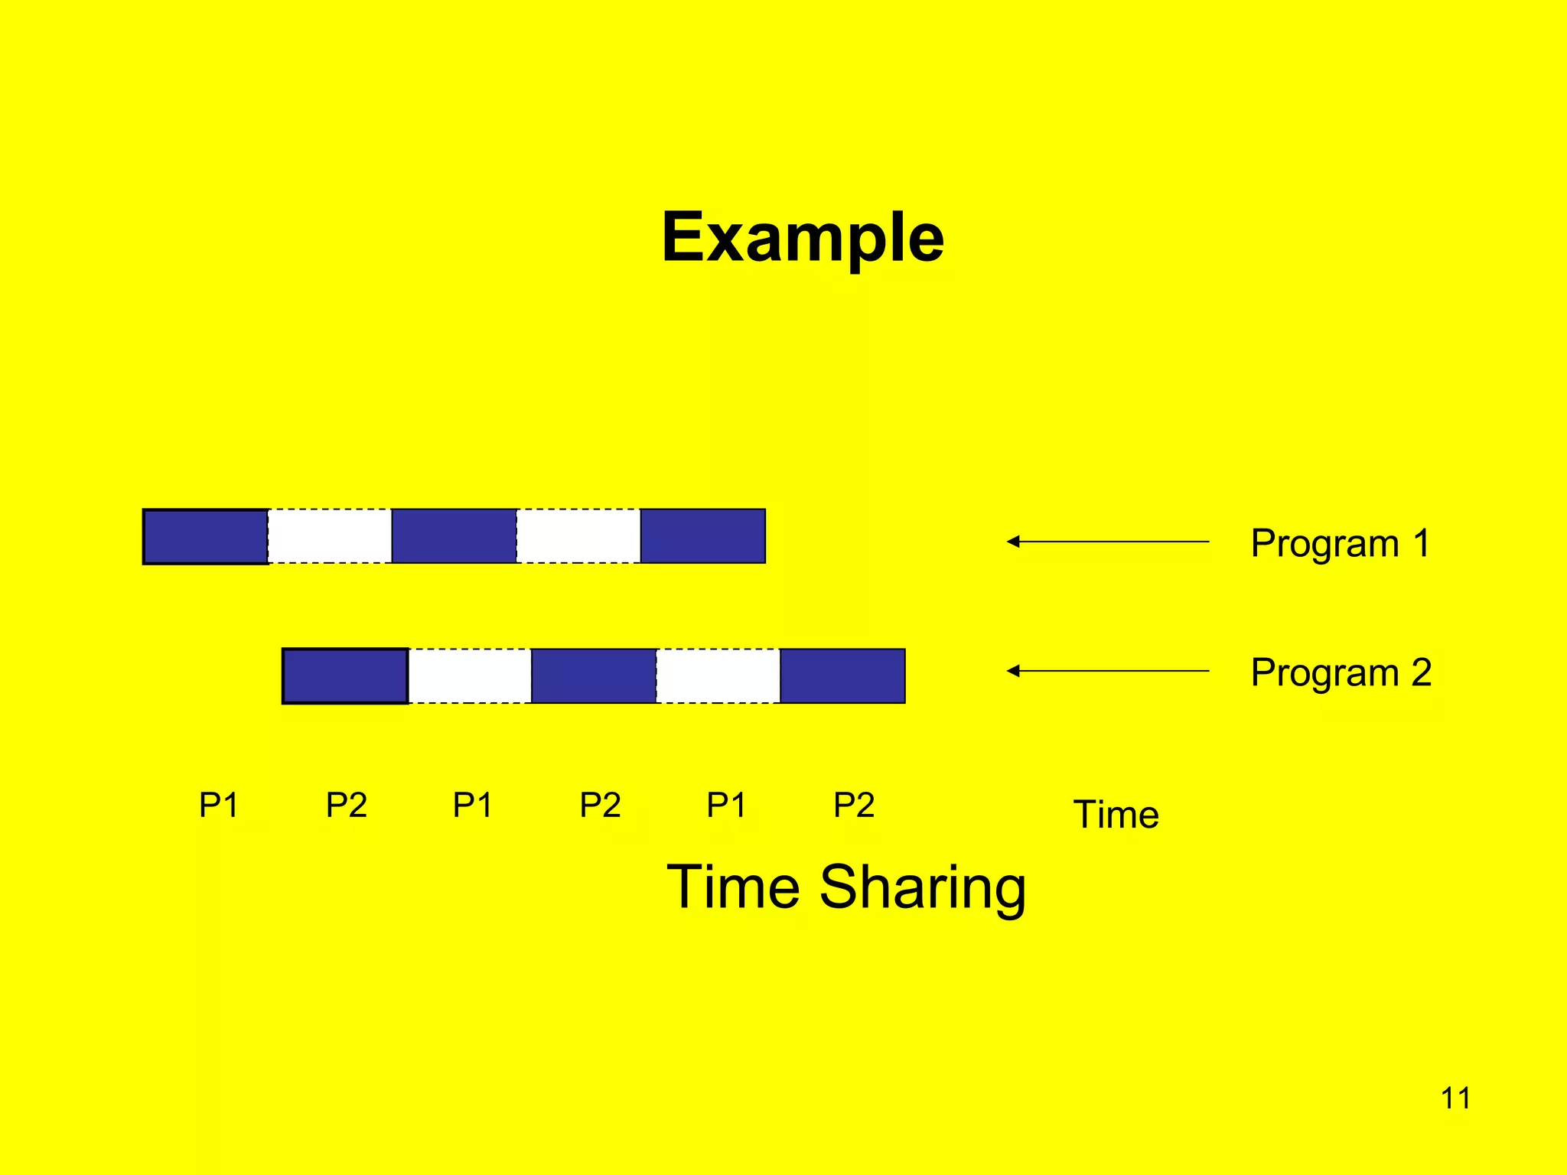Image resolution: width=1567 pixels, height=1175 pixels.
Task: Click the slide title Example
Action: tap(803, 237)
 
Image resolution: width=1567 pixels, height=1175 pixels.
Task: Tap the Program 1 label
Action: tap(1341, 543)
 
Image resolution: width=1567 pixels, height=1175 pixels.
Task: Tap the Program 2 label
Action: tap(1341, 672)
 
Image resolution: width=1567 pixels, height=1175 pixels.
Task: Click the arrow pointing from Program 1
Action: tap(1107, 542)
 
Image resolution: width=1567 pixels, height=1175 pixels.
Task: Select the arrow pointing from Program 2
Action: tap(1107, 671)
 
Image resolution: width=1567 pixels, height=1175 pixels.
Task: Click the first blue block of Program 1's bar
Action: tap(206, 536)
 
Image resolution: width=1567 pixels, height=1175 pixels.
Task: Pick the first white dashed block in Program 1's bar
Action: tap(330, 536)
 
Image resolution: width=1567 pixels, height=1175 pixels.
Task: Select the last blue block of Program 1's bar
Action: tap(702, 536)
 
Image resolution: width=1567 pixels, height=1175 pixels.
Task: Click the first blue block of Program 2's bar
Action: tap(345, 675)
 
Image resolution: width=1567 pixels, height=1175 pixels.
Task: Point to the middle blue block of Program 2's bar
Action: tap(594, 675)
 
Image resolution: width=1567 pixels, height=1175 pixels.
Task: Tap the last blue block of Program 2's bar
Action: tap(842, 675)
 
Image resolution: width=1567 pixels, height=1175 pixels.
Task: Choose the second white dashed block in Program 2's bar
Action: tap(718, 675)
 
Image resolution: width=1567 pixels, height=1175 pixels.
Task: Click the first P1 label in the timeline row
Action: tap(219, 805)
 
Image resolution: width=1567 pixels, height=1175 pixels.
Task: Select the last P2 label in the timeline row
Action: tap(854, 805)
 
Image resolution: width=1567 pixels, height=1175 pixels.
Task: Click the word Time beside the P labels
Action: tap(1116, 814)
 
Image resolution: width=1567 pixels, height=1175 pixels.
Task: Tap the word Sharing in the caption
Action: tap(922, 887)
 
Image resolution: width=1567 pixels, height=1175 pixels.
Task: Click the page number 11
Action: tap(1455, 1099)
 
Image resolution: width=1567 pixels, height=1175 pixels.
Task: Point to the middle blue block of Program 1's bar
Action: tap(454, 536)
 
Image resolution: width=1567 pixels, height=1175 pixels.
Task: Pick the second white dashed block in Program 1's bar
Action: tap(578, 536)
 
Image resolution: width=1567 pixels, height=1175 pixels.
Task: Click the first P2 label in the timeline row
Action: tap(347, 805)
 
